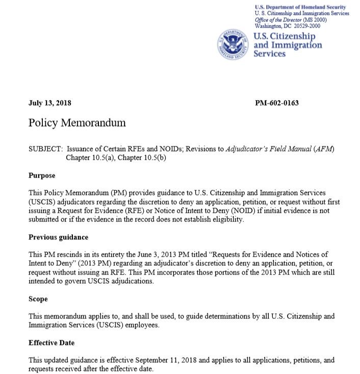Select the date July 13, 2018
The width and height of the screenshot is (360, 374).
click(50, 103)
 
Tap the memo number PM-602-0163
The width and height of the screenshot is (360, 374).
click(276, 103)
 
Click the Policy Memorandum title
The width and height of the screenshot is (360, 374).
click(77, 123)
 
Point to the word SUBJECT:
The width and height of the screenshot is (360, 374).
click(46, 148)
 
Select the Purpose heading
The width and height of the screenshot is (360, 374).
click(42, 175)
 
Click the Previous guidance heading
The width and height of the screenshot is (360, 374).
click(58, 237)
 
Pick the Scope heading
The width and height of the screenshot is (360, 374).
click(38, 300)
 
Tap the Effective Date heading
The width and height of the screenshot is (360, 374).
click(52, 343)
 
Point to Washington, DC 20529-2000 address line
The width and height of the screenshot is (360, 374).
click(288, 25)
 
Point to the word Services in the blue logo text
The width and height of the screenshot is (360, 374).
click(270, 54)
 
